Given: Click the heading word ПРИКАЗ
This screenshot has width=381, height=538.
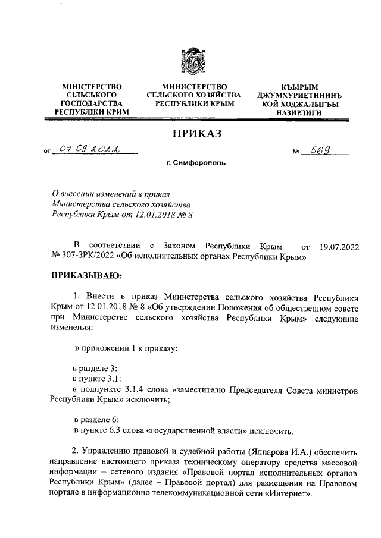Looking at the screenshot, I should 196,134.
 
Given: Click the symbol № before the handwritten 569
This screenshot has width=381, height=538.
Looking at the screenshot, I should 295,153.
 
